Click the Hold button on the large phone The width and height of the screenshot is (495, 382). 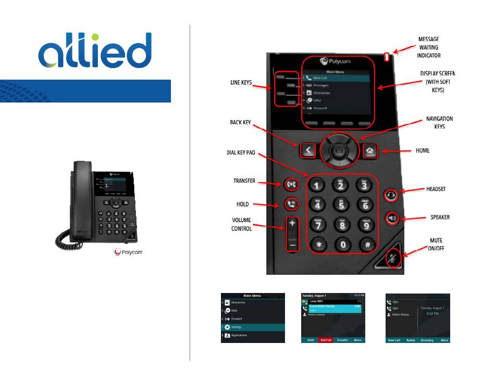[x=291, y=205]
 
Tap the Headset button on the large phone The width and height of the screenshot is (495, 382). [x=392, y=195]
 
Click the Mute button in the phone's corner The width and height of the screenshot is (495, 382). [x=394, y=257]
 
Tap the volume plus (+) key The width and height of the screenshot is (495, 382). [x=293, y=223]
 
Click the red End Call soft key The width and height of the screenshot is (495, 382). [x=326, y=340]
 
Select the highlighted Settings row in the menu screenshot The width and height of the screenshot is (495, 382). [x=253, y=327]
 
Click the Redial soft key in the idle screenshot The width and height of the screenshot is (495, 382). [x=411, y=340]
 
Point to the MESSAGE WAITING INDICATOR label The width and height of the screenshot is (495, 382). [x=429, y=47]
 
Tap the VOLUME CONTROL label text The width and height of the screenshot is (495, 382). [x=241, y=224]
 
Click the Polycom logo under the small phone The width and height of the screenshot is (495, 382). [x=128, y=252]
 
